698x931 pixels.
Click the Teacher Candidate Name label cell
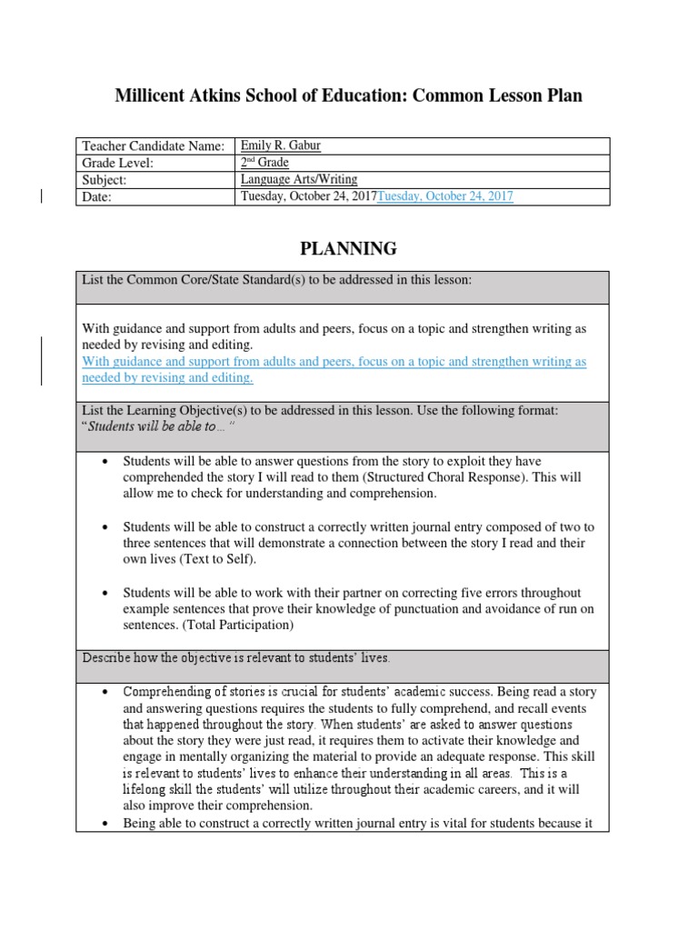(x=153, y=146)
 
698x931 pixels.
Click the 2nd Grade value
(x=264, y=163)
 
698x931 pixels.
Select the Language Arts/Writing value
(x=298, y=180)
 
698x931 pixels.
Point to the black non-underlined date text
(x=308, y=197)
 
